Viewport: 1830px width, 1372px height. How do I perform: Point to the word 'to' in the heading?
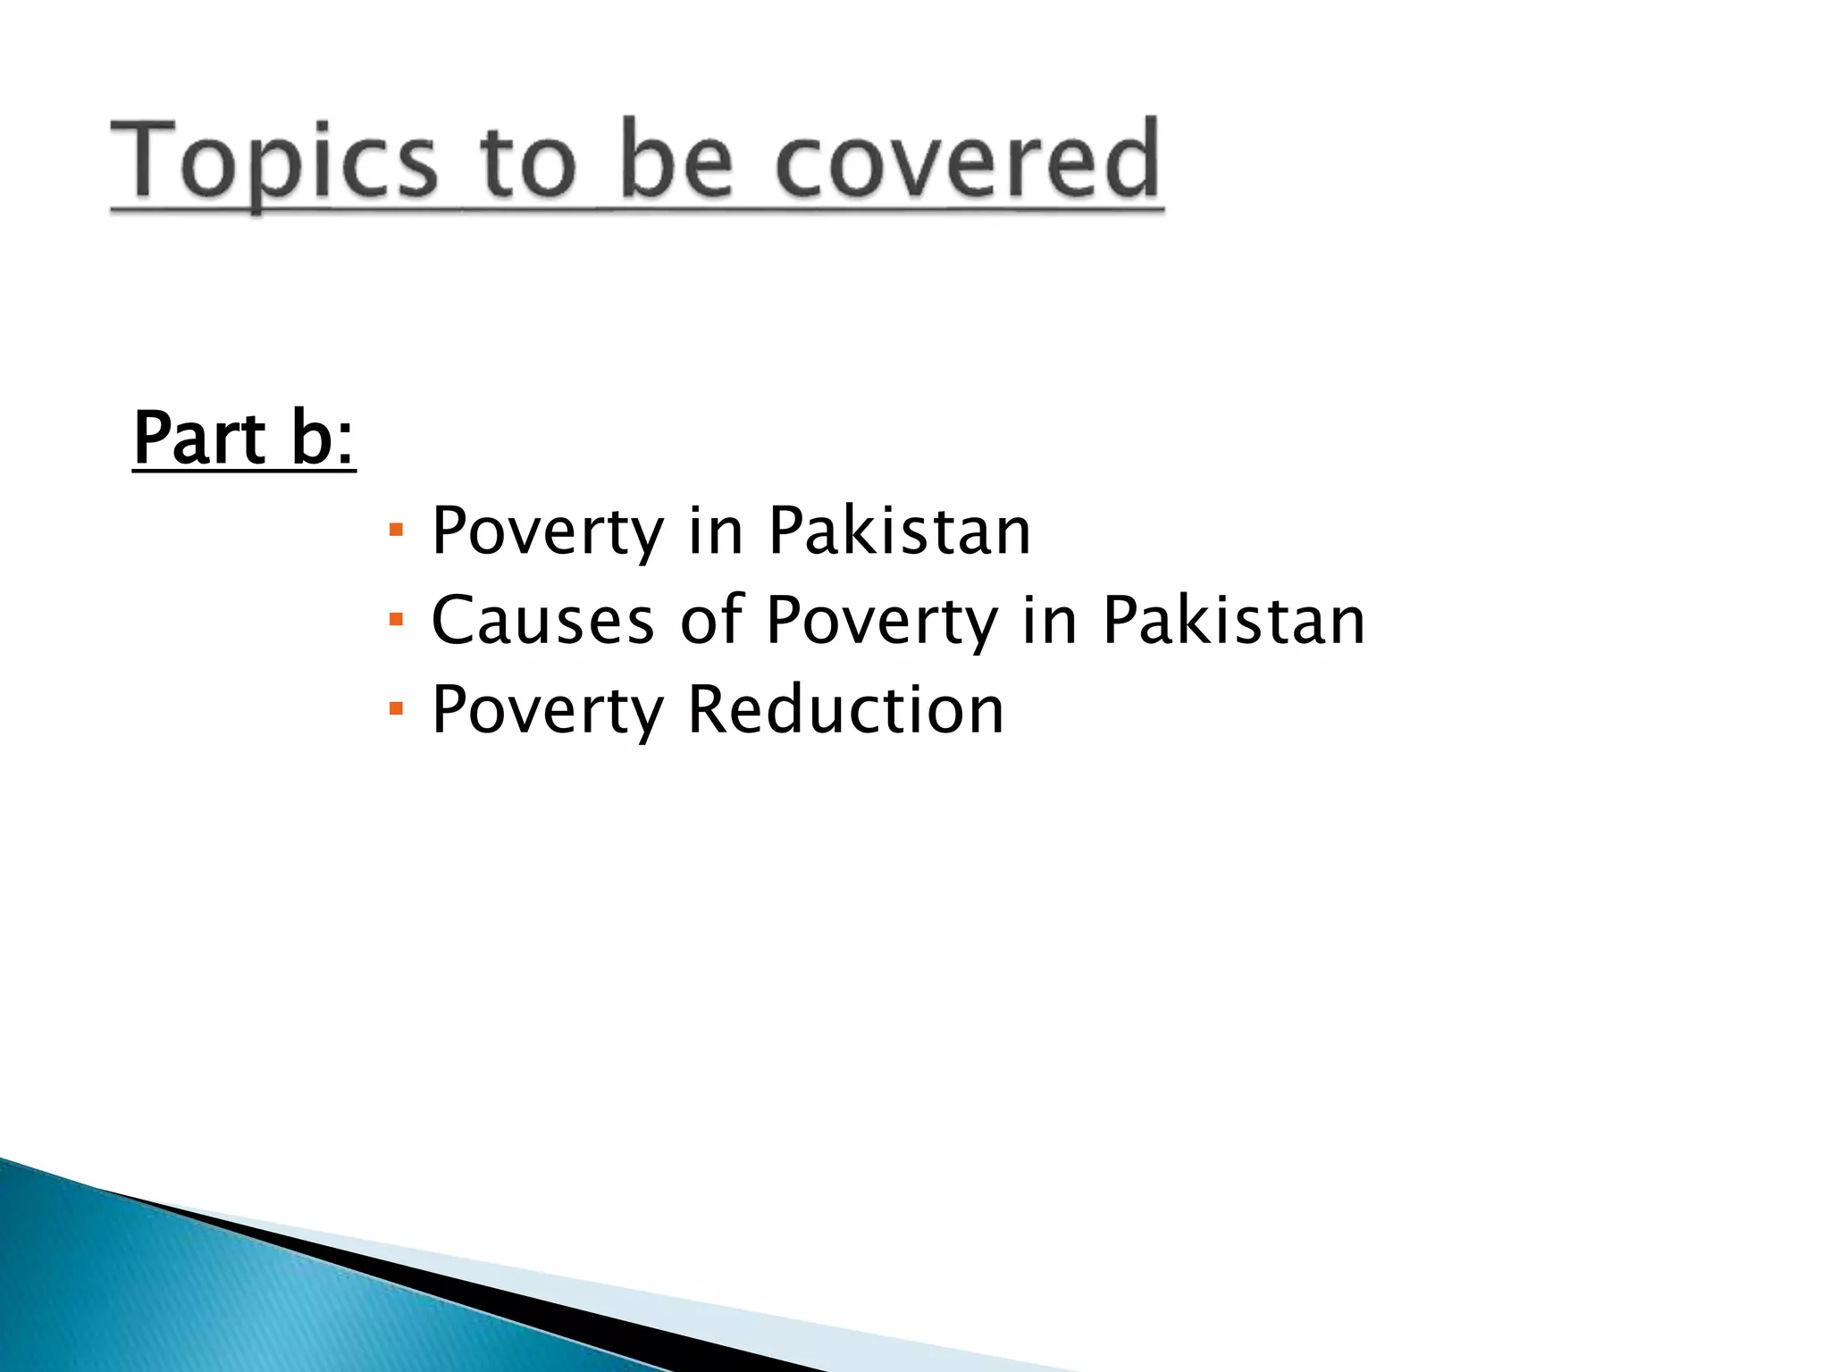[x=527, y=163]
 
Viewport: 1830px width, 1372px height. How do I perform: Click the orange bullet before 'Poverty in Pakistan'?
[x=397, y=531]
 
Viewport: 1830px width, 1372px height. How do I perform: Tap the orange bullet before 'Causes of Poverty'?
[x=397, y=619]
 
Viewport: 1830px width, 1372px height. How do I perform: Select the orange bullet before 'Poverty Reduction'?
[x=397, y=709]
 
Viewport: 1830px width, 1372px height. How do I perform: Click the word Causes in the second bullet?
[x=542, y=620]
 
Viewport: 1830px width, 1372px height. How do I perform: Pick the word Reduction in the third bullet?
[x=845, y=710]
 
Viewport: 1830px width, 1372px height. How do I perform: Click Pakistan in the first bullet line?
[x=900, y=531]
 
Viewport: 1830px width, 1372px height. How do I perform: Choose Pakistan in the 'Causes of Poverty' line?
[x=1234, y=620]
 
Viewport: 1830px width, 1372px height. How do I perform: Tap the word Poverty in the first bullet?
[x=548, y=532]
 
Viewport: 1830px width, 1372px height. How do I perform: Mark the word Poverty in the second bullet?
[x=882, y=622]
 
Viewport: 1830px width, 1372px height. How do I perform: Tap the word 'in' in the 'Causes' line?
[x=1050, y=620]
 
